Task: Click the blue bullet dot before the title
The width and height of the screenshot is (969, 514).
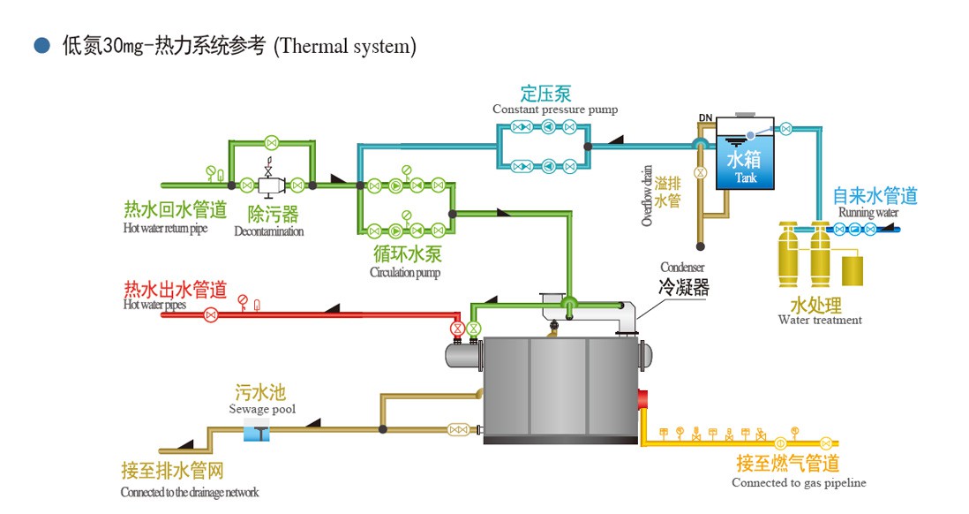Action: (41, 46)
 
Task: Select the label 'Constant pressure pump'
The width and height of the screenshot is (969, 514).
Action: (555, 110)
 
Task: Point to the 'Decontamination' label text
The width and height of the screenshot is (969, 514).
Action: (269, 231)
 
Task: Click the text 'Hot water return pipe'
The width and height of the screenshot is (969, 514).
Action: (166, 229)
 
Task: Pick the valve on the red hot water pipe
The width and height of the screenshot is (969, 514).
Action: (210, 314)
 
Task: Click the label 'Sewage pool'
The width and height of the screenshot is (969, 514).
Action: (262, 409)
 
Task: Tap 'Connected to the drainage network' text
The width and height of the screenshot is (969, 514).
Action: (190, 493)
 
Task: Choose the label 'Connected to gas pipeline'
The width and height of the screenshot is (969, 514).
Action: (799, 483)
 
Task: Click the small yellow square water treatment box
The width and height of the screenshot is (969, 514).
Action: (853, 269)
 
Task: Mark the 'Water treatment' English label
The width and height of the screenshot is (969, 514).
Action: (820, 320)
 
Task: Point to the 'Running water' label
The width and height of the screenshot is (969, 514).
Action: (868, 213)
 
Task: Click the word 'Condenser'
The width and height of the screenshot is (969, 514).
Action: (682, 268)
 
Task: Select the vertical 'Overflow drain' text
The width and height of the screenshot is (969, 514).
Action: (647, 195)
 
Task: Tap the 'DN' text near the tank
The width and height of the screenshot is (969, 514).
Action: (705, 118)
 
